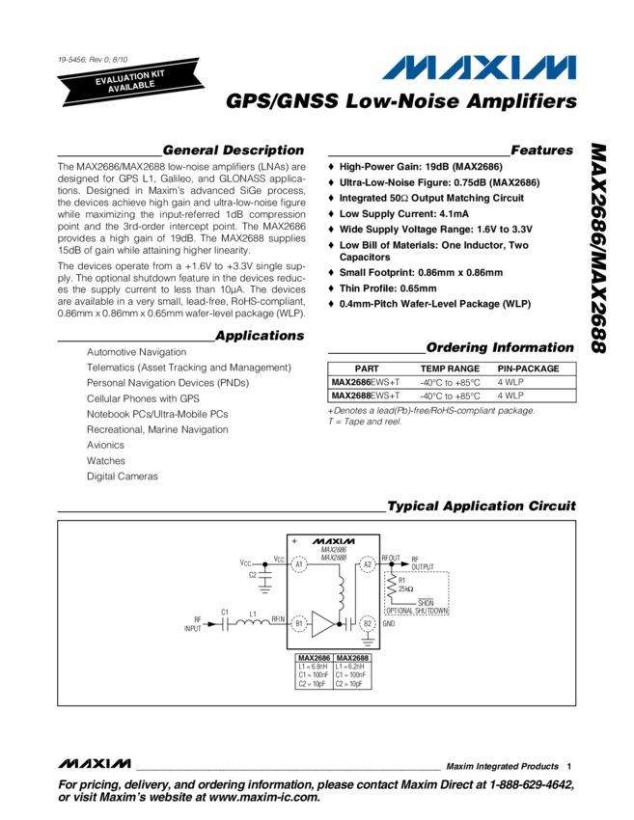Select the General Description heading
coord(234,151)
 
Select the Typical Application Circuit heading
coord(480,506)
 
